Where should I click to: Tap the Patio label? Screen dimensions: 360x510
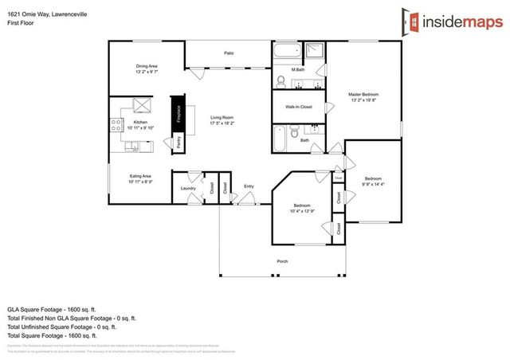tap(228, 54)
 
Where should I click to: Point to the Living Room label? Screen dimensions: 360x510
tap(222, 120)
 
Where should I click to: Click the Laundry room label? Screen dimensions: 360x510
tap(188, 188)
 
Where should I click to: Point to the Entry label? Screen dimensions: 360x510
tap(249, 186)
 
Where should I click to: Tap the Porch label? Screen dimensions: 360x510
tap(282, 261)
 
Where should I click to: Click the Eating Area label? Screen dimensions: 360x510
tap(141, 178)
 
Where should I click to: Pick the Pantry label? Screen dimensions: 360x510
tap(178, 143)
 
